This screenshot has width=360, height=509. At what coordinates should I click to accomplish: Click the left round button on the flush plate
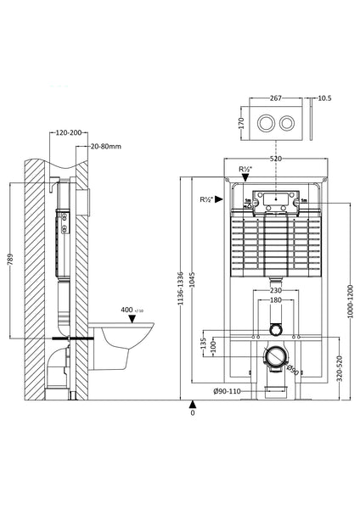tap(265, 121)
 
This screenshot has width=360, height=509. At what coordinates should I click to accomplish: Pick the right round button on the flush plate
tap(288, 121)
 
